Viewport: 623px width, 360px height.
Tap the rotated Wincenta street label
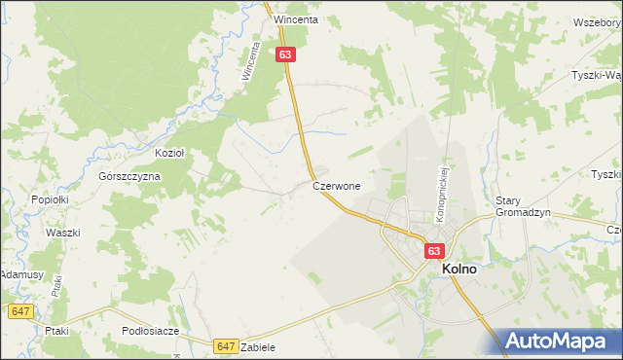pos(251,60)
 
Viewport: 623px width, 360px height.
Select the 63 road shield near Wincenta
pos(284,55)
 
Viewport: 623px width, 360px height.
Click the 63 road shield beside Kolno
pos(434,251)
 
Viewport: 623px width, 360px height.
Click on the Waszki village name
pos(62,233)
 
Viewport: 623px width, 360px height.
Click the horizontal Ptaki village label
pos(56,331)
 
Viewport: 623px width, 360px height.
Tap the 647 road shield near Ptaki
pos(21,311)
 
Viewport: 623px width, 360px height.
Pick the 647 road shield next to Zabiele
pos(226,346)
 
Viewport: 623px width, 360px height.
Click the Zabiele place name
pos(258,347)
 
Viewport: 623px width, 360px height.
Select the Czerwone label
pos(337,185)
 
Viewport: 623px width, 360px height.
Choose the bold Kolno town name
pos(459,270)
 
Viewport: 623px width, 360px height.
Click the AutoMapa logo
pos(559,341)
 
